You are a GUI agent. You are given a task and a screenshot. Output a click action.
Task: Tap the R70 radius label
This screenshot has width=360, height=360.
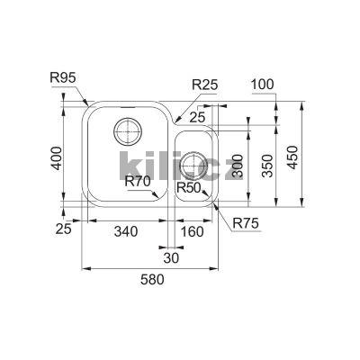click(138, 182)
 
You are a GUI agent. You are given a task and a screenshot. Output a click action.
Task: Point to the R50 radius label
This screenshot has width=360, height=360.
click(188, 188)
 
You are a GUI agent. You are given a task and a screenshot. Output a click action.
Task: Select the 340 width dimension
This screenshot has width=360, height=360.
click(126, 232)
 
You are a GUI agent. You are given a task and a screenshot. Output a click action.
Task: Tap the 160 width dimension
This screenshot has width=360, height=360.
click(192, 232)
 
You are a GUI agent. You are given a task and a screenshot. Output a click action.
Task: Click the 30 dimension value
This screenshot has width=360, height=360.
click(171, 258)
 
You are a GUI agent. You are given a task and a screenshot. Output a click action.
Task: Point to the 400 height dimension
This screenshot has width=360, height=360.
click(58, 162)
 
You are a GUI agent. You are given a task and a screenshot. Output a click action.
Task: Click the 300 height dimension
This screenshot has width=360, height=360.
click(238, 164)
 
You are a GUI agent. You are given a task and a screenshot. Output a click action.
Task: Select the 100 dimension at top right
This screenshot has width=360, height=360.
click(264, 85)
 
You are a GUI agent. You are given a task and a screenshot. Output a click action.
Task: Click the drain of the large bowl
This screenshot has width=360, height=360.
click(125, 134)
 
